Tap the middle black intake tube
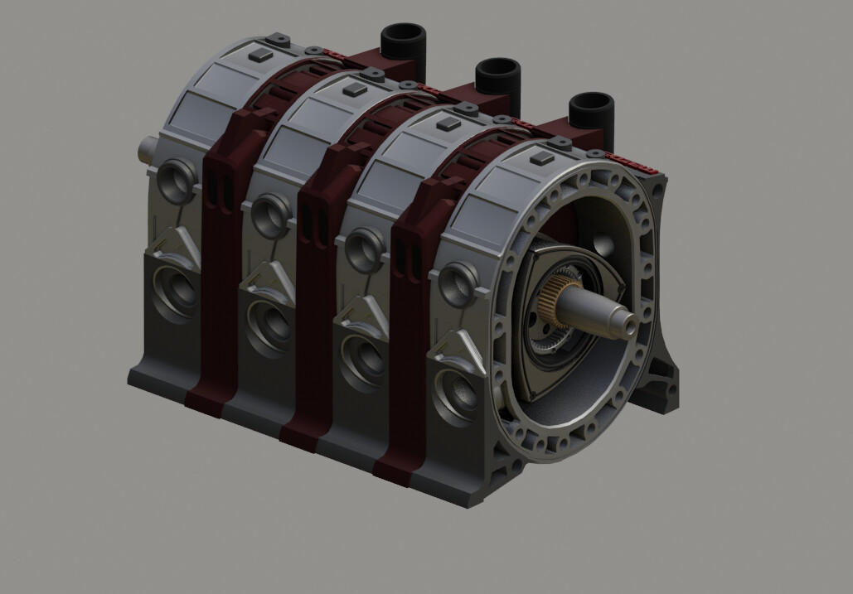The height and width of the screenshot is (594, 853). click(497, 76)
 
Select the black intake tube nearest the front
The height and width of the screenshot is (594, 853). click(591, 111)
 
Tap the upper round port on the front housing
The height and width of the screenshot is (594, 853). click(458, 285)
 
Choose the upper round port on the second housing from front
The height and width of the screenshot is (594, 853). click(365, 249)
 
